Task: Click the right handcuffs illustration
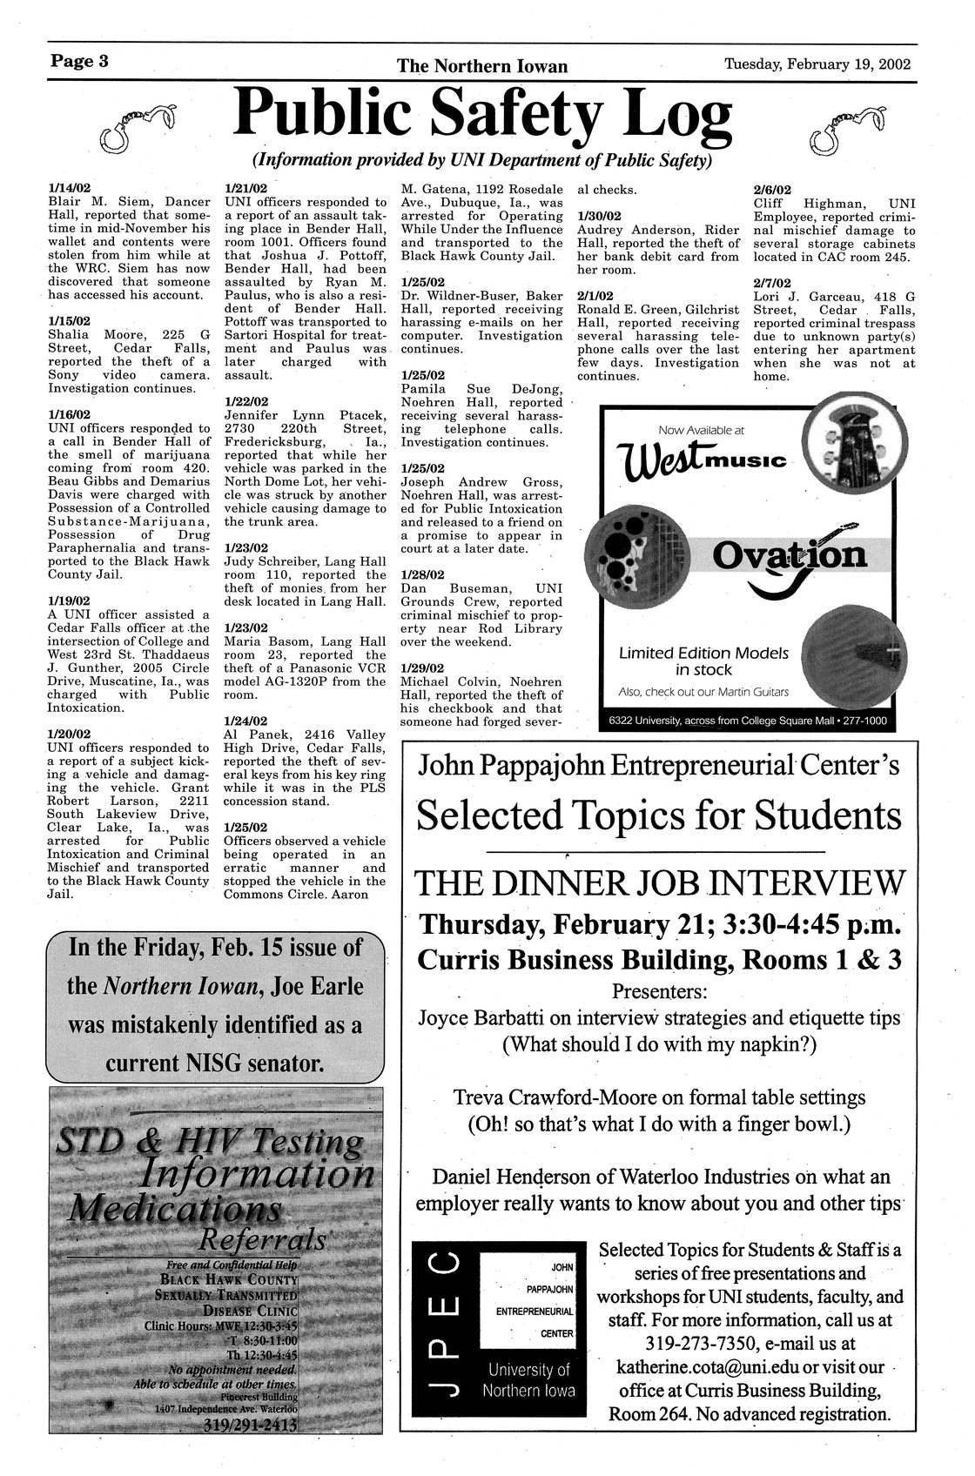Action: pos(847,126)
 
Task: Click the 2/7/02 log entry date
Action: pos(771,283)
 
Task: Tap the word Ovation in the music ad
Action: pos(790,556)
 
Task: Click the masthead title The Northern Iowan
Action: pos(482,66)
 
